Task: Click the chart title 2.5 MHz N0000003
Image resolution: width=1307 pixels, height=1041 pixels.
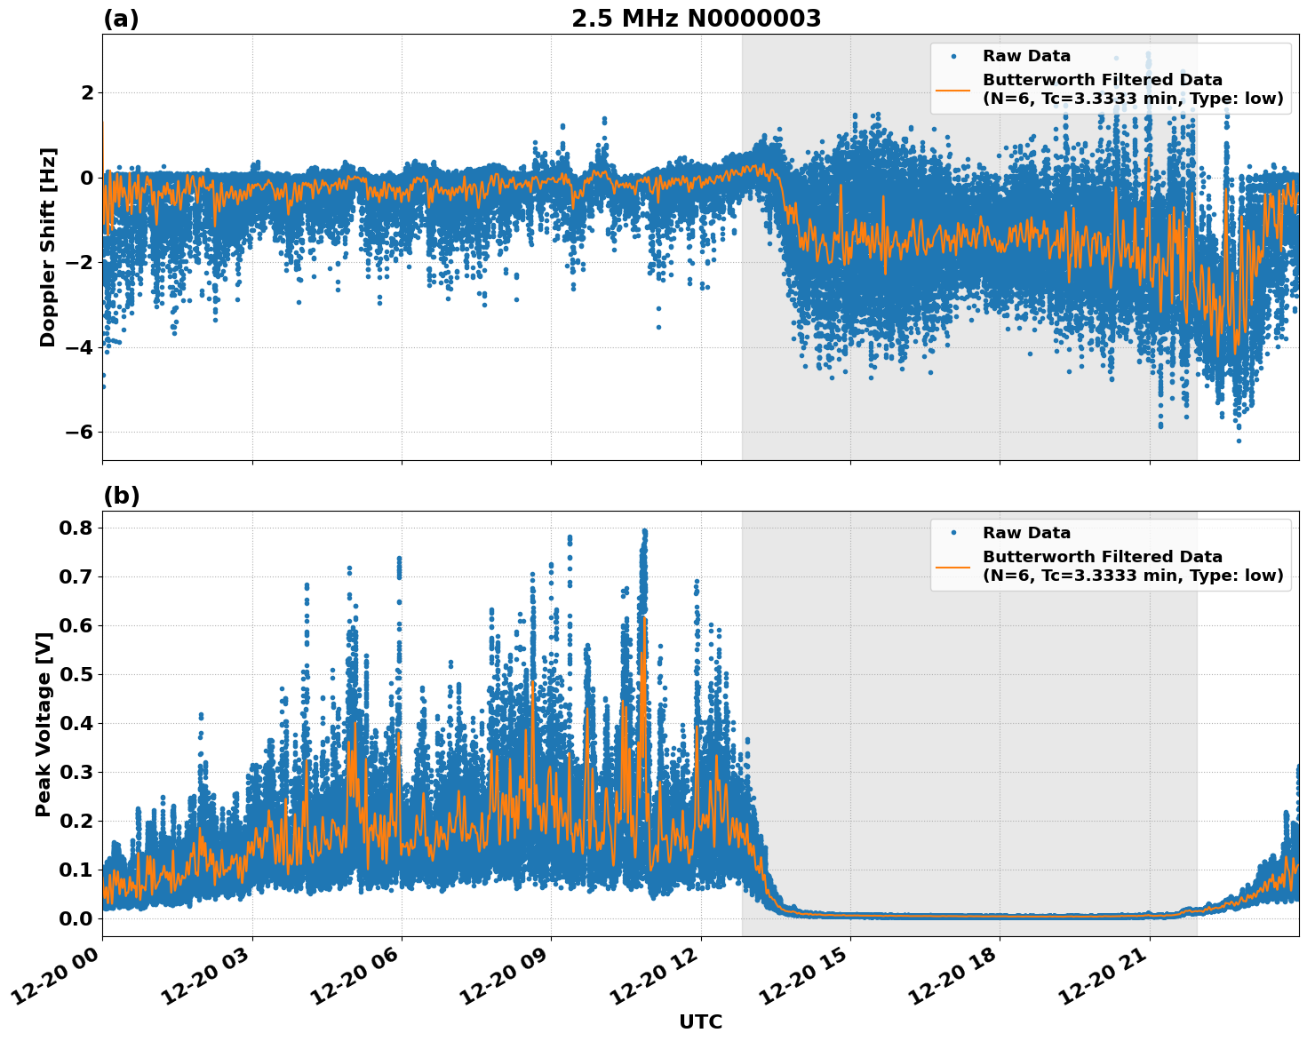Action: coord(696,19)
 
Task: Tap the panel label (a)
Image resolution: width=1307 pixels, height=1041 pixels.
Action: coord(121,19)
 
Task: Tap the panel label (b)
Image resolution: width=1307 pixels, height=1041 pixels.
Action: coord(121,496)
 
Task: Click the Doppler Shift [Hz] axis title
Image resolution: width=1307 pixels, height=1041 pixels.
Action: coord(47,247)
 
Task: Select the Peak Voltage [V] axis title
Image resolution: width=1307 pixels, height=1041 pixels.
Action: coord(43,724)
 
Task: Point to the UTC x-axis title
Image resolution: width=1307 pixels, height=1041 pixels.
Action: coord(700,1021)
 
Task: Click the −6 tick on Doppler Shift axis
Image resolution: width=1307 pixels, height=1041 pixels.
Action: coord(75,432)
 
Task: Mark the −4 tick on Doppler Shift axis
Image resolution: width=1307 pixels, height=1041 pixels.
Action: coord(75,347)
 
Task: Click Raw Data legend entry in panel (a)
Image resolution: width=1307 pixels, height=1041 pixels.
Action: coord(1026,56)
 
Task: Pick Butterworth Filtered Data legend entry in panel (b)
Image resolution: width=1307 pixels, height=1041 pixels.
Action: coord(1132,566)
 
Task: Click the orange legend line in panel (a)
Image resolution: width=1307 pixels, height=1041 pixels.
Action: coord(952,89)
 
